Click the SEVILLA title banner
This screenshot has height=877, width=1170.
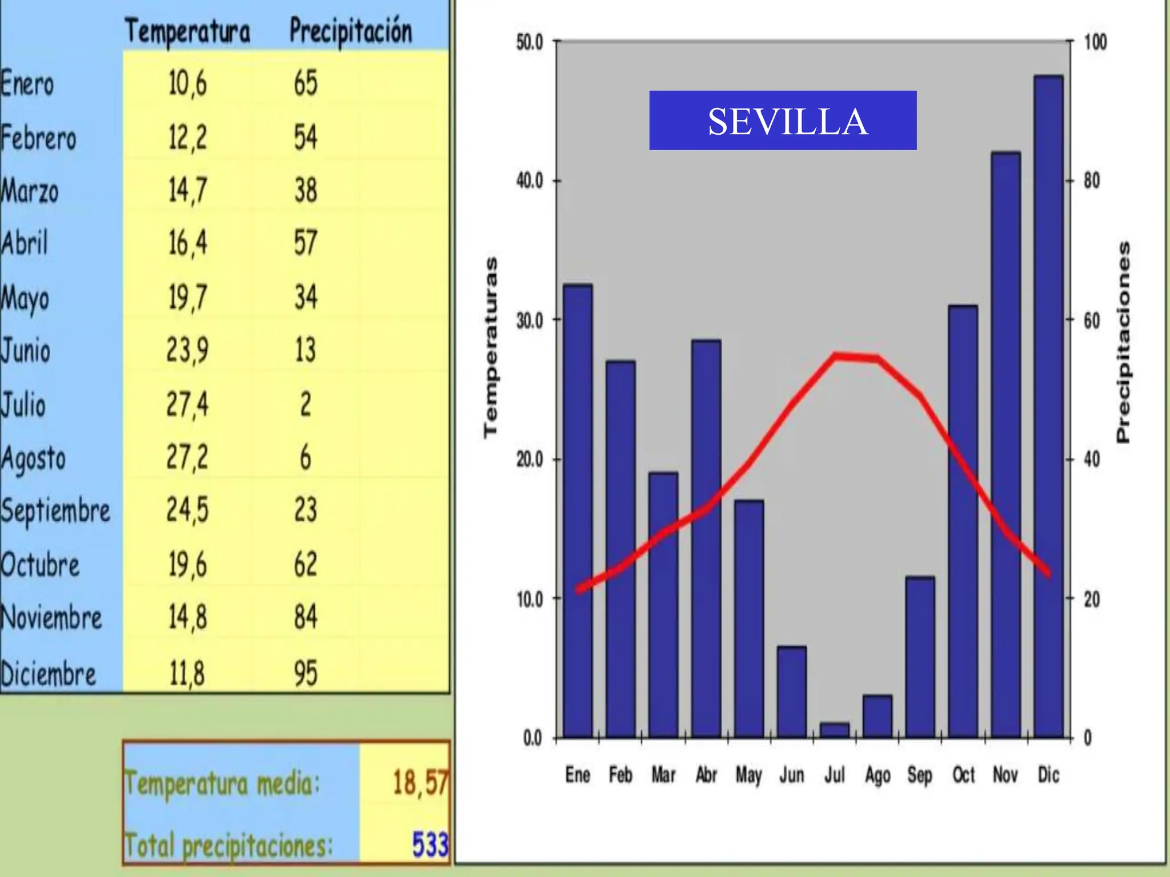click(783, 120)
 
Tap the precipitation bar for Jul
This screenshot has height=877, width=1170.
click(835, 730)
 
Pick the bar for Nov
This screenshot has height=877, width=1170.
click(1005, 445)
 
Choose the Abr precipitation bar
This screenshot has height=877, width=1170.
click(706, 537)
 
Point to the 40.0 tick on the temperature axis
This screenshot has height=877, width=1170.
click(529, 181)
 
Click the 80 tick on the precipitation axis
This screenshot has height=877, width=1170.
click(1092, 181)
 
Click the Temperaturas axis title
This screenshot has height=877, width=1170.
click(490, 348)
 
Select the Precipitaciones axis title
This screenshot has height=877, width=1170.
click(1123, 343)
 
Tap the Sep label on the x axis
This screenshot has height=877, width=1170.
click(919, 775)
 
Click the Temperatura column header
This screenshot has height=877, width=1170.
click(187, 31)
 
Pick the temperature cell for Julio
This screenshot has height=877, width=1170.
click(187, 404)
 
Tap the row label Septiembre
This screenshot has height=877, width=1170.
click(55, 510)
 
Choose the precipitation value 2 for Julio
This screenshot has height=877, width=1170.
click(306, 404)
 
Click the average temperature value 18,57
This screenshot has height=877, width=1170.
click(420, 782)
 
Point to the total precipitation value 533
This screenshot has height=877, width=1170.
click(430, 844)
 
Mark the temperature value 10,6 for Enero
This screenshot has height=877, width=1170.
click(187, 83)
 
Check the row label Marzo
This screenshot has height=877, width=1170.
click(30, 191)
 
